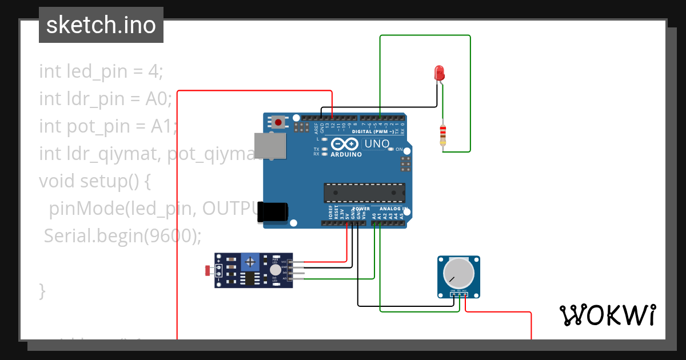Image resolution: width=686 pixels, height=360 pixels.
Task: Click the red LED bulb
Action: coord(440,73)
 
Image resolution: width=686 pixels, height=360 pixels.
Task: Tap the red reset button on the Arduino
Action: coord(279,121)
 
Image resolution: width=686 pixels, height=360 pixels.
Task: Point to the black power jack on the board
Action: coord(273,211)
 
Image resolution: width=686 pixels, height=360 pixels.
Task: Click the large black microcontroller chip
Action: coord(364,193)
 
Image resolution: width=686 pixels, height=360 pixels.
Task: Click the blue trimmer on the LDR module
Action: coord(249,262)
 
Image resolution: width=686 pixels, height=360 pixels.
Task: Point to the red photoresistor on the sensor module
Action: coord(208,269)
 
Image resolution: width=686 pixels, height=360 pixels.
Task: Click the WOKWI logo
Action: coord(607,315)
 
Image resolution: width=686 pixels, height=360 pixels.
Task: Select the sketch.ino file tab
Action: coord(101,25)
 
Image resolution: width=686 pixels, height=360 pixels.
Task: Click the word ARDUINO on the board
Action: coord(345,154)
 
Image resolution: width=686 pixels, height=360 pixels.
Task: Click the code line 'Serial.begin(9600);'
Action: coord(123,235)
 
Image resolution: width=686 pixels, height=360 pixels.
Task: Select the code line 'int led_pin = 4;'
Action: coord(101,71)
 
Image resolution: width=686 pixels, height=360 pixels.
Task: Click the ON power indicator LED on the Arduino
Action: coord(391,150)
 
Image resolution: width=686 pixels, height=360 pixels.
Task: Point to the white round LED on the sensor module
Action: coord(276,270)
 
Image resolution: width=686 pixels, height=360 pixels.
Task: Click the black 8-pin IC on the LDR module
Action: coord(250,279)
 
